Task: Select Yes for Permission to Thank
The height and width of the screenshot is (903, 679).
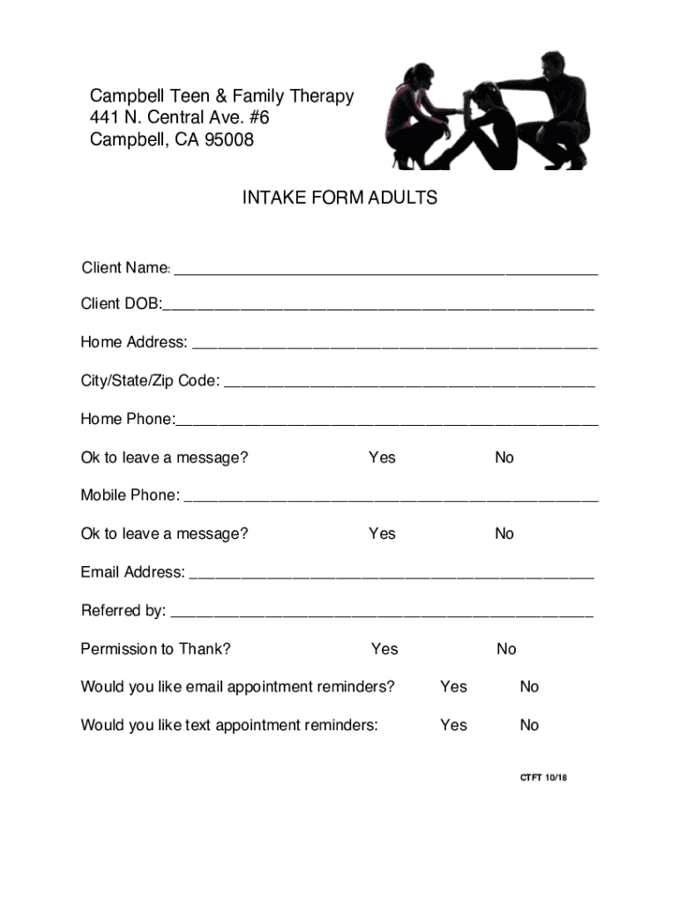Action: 384,649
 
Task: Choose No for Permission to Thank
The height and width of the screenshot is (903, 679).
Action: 506,649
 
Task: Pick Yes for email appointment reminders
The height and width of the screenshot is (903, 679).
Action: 453,687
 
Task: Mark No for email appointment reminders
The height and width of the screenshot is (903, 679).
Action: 529,687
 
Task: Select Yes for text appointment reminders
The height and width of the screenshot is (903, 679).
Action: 453,726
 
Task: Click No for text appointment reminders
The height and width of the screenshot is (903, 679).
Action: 529,726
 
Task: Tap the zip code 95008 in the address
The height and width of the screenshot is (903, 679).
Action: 228,139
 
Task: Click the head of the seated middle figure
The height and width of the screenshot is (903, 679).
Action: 484,96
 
